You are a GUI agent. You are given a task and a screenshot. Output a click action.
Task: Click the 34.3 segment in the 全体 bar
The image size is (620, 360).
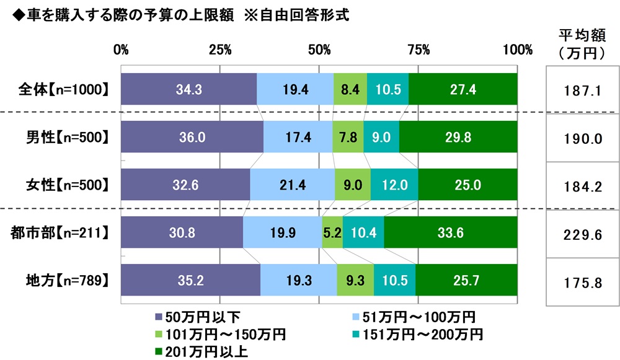pos(188,89)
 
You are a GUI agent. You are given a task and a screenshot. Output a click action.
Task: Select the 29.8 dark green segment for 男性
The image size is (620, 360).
pos(458,137)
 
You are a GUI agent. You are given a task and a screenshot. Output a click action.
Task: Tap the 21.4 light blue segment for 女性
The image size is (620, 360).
pos(292,185)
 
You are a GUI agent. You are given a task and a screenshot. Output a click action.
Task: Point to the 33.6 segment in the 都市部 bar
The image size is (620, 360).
pos(451,232)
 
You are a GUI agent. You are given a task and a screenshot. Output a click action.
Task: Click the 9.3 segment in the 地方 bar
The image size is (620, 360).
pos(355,280)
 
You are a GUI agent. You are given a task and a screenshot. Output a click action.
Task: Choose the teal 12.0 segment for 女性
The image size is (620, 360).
pos(394,185)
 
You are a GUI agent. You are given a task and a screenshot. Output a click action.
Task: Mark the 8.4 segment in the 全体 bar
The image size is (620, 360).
pos(350,89)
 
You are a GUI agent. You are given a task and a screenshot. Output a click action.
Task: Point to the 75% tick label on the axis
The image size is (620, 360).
pos(418,50)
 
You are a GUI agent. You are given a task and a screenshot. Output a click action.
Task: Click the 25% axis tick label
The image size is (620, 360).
pos(220,50)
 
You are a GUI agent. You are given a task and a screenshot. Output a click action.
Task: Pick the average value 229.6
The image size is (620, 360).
pos(580,233)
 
